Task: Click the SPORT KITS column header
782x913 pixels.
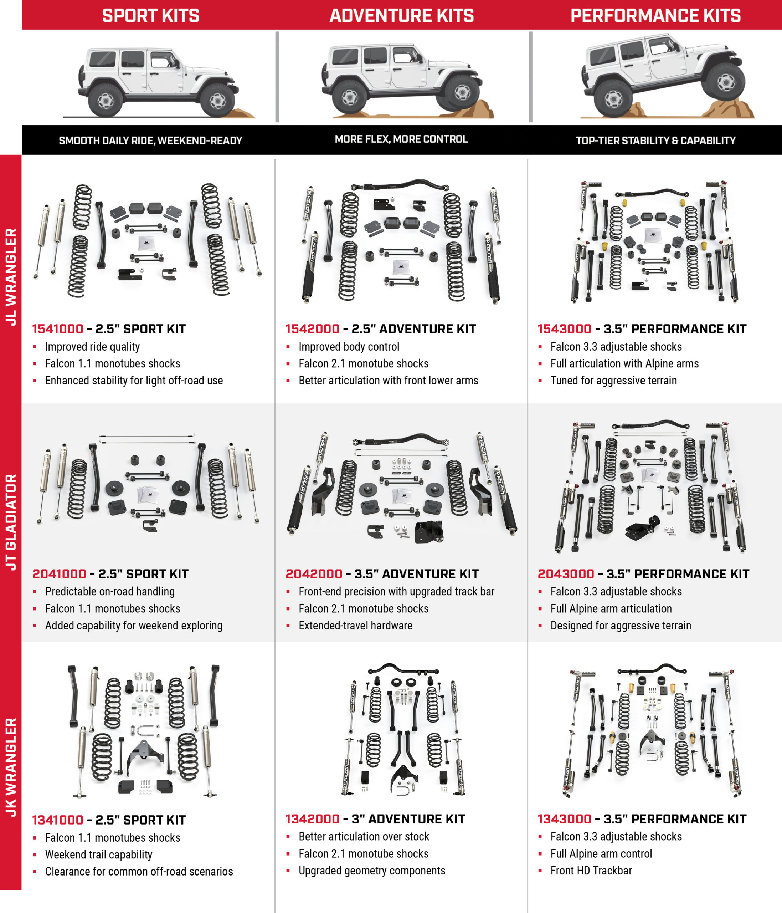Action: tap(150, 16)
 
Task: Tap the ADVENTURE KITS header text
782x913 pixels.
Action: tap(402, 16)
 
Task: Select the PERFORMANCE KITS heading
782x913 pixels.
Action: tap(655, 16)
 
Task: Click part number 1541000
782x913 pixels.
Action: tap(58, 329)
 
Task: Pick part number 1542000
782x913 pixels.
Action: tap(312, 329)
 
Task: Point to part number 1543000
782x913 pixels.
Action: tap(564, 329)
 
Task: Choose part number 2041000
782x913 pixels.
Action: tap(59, 574)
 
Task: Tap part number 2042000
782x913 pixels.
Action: tap(314, 574)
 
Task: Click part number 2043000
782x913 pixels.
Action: tap(566, 574)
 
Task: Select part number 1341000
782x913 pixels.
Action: tap(58, 820)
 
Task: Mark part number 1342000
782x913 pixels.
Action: tap(312, 819)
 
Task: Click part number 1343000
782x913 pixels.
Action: tap(564, 819)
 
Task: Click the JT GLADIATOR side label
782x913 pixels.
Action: tap(11, 522)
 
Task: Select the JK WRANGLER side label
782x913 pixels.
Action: tap(11, 767)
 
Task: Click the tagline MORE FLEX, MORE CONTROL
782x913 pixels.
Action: tap(401, 139)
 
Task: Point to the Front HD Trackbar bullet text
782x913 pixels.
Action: tap(591, 871)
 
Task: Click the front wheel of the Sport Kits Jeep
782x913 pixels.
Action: tap(217, 101)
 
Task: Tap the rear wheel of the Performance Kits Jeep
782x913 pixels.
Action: tap(613, 99)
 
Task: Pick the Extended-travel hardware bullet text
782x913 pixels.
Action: tap(355, 626)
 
